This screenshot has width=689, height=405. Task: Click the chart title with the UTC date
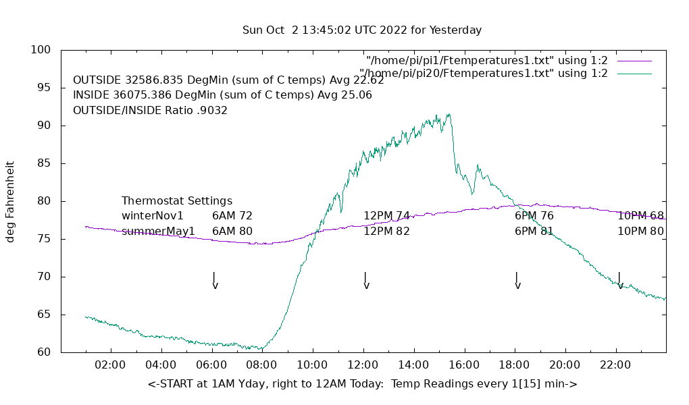[x=362, y=30]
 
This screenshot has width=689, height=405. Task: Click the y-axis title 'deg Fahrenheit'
[x=10, y=201]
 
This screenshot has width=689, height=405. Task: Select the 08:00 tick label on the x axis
[x=261, y=365]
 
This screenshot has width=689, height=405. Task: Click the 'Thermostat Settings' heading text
[x=177, y=201]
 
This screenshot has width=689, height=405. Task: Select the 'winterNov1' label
[x=153, y=216]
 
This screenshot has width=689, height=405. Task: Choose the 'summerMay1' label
[x=158, y=232]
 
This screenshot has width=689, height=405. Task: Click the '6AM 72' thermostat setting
[x=232, y=216]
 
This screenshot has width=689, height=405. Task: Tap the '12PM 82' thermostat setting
[x=387, y=232]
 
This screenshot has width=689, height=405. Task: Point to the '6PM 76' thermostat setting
[x=534, y=216]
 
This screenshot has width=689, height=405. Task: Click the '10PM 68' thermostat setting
[x=640, y=216]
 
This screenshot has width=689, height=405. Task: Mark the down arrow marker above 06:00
[x=215, y=281]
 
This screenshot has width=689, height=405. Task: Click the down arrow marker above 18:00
[x=517, y=281]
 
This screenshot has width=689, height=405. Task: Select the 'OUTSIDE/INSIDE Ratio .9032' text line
[x=150, y=110]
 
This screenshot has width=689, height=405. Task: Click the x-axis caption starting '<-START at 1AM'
[x=362, y=384]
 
